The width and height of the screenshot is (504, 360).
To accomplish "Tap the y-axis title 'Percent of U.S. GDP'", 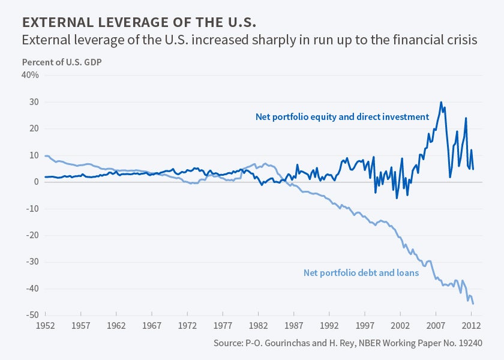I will [62, 62].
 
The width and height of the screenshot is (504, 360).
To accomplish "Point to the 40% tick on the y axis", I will [31, 75].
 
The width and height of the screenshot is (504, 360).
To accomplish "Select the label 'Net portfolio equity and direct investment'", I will [342, 117].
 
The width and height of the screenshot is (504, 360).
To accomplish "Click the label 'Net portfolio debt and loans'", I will [361, 272].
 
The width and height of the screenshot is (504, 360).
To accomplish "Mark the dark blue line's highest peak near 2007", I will [441, 102].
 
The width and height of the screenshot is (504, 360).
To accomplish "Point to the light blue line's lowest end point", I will [473, 304].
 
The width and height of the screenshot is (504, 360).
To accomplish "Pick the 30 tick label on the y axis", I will [34, 102].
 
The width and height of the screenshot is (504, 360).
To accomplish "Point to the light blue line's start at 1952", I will [45, 155].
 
